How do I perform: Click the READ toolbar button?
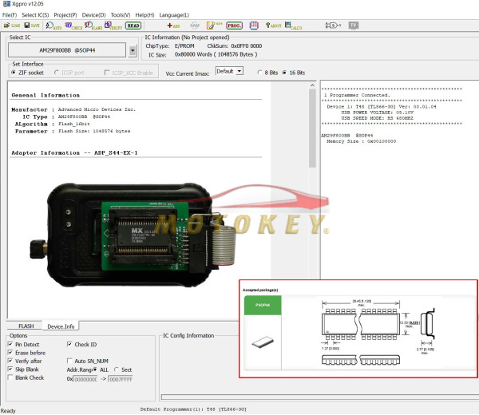tap(134, 26)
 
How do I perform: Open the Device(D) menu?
tap(93, 15)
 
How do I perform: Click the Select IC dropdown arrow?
tap(133, 51)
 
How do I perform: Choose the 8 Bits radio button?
tap(258, 72)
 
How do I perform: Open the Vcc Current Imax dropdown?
tap(228, 72)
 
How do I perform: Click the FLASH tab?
tap(26, 326)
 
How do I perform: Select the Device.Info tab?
tap(61, 326)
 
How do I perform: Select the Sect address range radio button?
tap(117, 370)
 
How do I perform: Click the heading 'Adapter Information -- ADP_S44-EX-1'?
tap(69, 152)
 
